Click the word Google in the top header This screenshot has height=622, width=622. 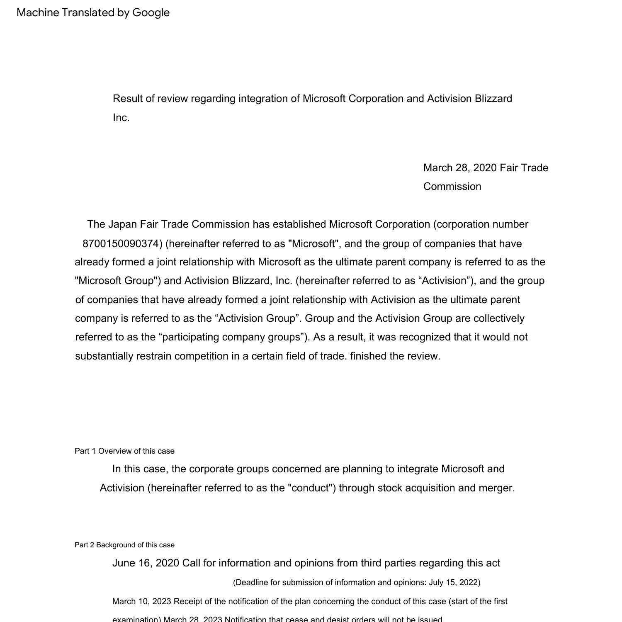click(151, 13)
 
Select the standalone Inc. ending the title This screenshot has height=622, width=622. click(121, 118)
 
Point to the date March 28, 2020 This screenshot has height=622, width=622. click(460, 168)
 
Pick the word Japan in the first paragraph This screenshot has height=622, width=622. click(122, 224)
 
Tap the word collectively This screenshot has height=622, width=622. click(499, 318)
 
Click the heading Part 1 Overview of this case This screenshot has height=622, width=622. click(124, 451)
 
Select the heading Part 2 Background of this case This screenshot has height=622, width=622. click(124, 545)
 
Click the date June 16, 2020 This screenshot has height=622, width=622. click(146, 563)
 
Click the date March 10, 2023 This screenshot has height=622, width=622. click(141, 601)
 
